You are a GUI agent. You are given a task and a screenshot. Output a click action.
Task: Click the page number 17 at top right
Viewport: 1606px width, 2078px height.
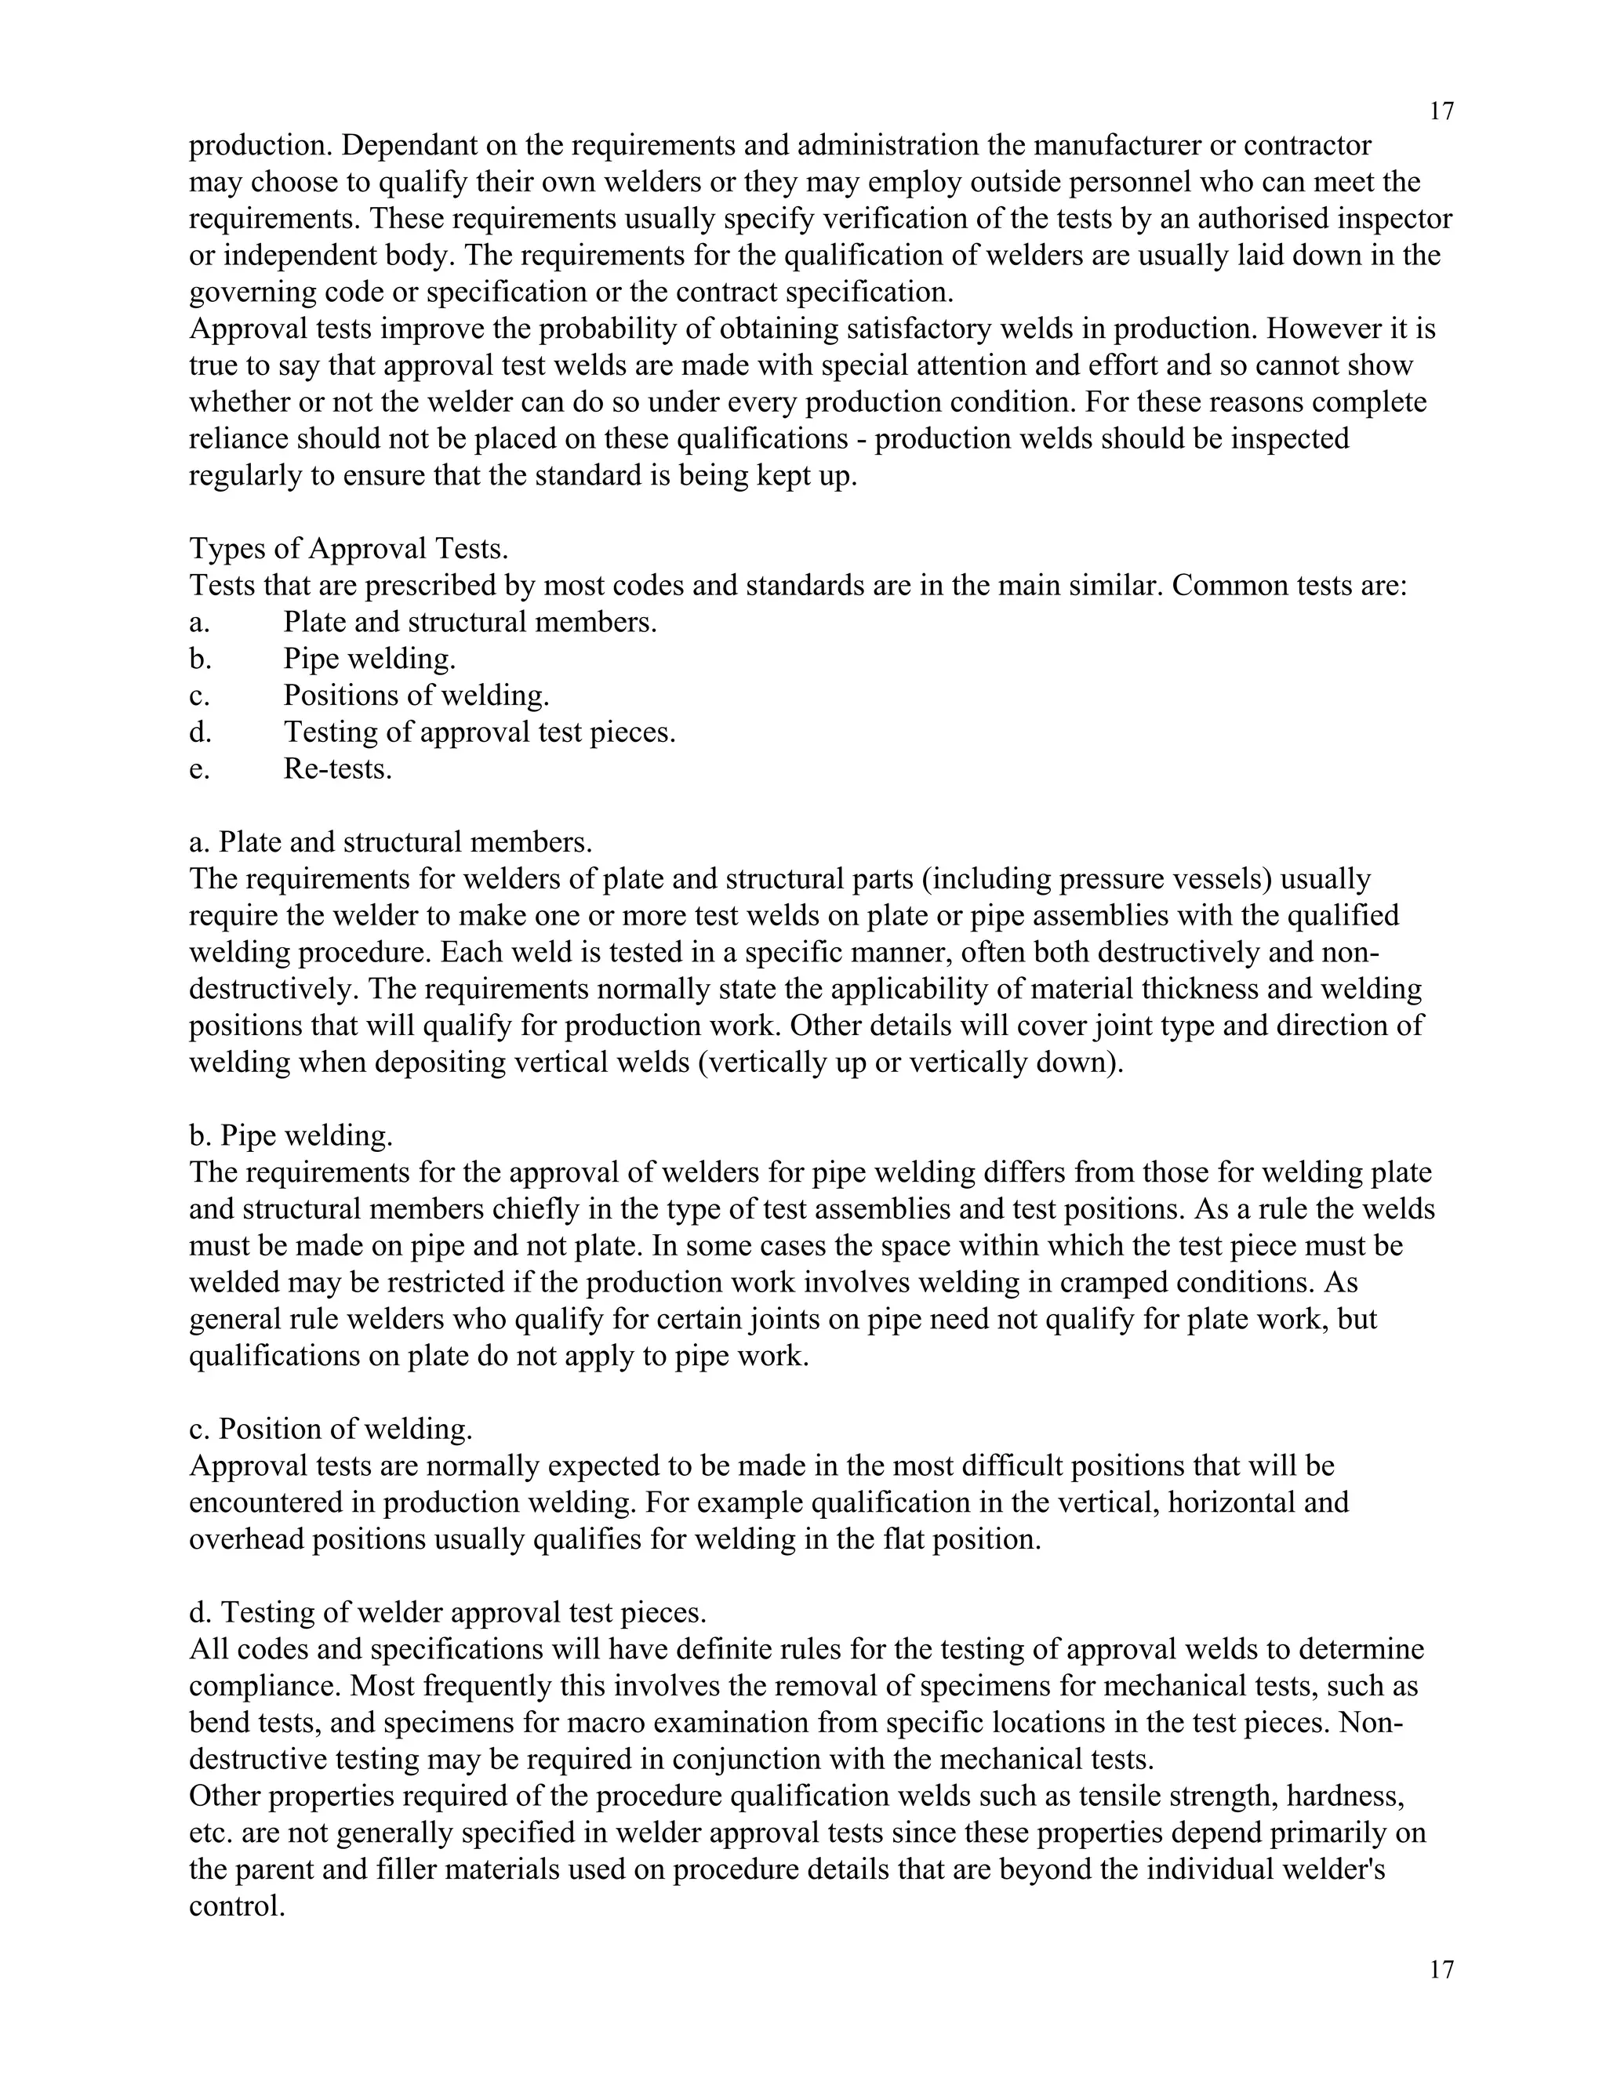coord(1441,111)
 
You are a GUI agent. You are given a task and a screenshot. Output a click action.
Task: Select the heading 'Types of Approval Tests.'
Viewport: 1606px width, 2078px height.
coord(348,549)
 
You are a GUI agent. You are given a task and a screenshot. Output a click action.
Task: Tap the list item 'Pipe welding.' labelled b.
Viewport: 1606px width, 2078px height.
coord(369,659)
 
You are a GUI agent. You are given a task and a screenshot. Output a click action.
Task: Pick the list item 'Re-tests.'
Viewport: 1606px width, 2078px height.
coord(338,768)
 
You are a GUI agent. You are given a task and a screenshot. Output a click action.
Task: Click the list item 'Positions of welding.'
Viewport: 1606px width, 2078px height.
coord(416,696)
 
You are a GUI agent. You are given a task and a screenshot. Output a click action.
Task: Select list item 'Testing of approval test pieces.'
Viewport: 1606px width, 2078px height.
coord(478,732)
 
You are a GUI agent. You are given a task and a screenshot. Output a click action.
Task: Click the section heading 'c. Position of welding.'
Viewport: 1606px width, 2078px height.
coord(330,1428)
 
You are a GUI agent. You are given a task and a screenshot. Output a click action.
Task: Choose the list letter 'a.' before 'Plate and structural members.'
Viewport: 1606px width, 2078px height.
coord(199,623)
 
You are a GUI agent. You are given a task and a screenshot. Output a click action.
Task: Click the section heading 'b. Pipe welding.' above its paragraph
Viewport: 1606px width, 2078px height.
coord(290,1135)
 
